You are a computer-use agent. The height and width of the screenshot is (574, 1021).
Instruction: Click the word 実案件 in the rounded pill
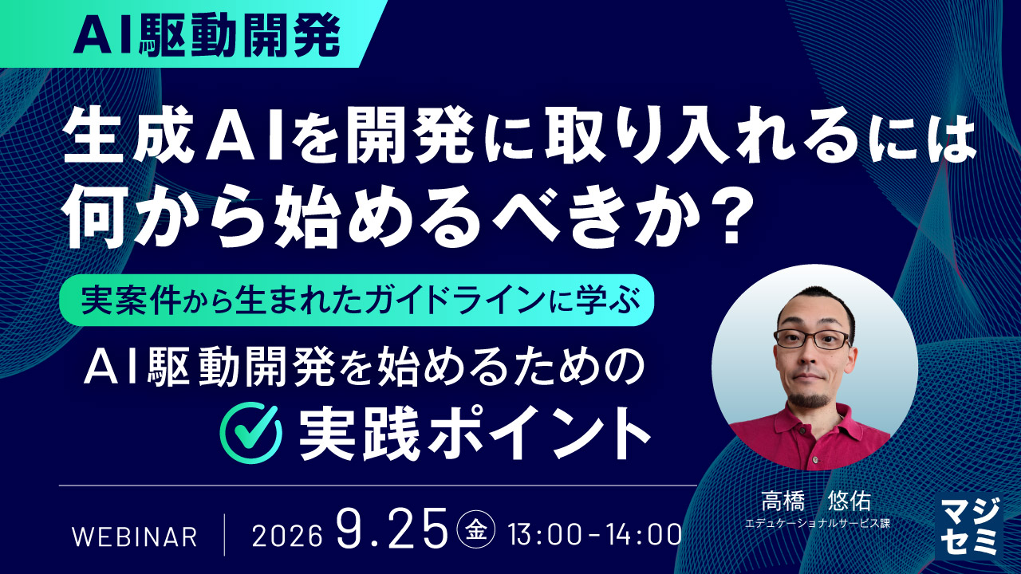tap(132, 301)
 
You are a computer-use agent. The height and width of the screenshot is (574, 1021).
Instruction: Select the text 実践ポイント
tap(475, 433)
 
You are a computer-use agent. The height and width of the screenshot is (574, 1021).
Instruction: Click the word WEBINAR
tap(135, 537)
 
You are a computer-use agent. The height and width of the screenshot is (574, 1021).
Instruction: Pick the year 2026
tap(286, 537)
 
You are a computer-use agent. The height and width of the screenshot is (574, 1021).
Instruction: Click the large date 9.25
tap(392, 529)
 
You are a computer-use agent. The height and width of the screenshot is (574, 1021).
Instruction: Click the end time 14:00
tap(645, 536)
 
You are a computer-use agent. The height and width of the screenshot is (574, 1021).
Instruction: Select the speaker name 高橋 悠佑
tap(816, 501)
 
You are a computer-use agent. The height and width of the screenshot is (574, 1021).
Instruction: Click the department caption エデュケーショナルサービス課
tap(818, 524)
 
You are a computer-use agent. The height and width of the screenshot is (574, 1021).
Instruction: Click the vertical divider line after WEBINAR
tap(225, 534)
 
